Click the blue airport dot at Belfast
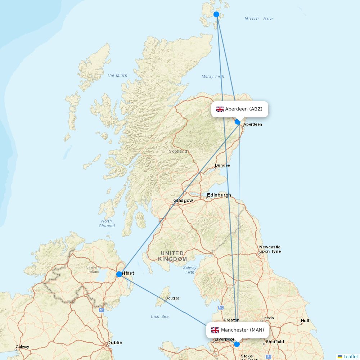pos(119,274)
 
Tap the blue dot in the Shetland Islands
pos(216,14)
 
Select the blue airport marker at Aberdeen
pos(237,122)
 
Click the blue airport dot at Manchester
pos(237,344)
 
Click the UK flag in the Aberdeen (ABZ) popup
pos(220,109)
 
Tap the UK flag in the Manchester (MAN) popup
pos(215,330)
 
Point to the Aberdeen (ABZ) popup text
pos(244,109)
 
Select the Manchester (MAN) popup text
pos(242,330)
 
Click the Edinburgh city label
pos(219,195)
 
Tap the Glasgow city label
pos(183,201)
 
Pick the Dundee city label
pos(222,165)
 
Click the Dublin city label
pos(114,343)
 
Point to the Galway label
pos(22,347)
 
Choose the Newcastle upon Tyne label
pos(270,249)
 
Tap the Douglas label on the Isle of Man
pos(172,298)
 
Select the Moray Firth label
pos(213,76)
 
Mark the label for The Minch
pos(117,75)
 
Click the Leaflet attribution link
pos(350,356)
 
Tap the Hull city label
pos(305,321)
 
